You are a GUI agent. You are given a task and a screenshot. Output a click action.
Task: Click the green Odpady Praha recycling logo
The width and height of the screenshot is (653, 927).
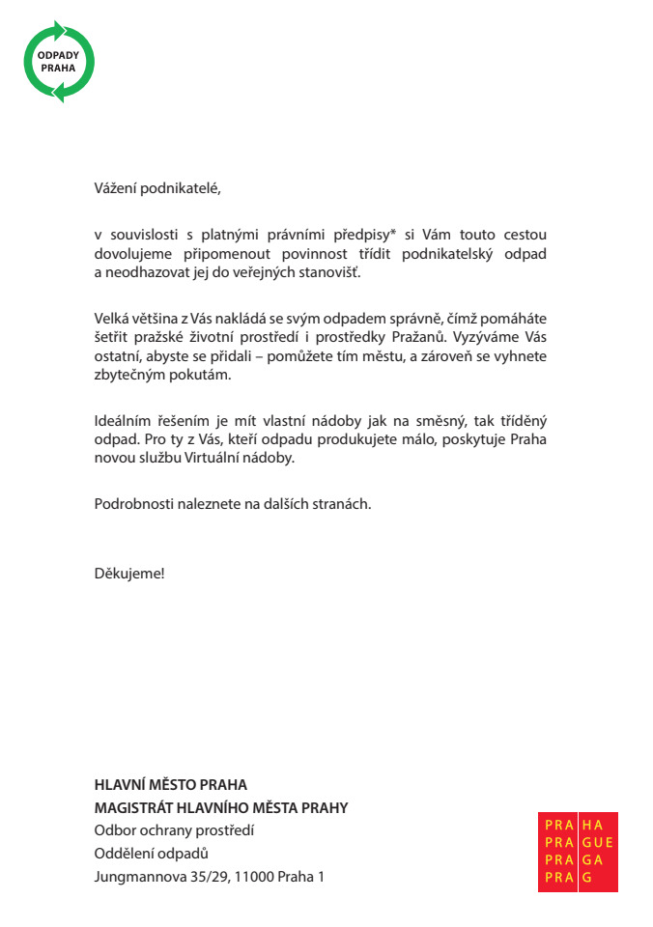tap(59, 62)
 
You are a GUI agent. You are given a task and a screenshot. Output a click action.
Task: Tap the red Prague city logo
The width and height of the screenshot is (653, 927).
tap(578, 852)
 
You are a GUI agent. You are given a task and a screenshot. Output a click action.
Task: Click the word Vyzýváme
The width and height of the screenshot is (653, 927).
tap(493, 337)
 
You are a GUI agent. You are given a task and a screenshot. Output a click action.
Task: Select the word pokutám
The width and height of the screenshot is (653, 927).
tap(203, 375)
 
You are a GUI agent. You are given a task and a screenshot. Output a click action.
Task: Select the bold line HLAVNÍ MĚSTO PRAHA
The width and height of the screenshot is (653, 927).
tap(171, 785)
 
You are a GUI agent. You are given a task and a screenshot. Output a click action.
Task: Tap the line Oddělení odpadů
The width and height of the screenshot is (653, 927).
tap(152, 854)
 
